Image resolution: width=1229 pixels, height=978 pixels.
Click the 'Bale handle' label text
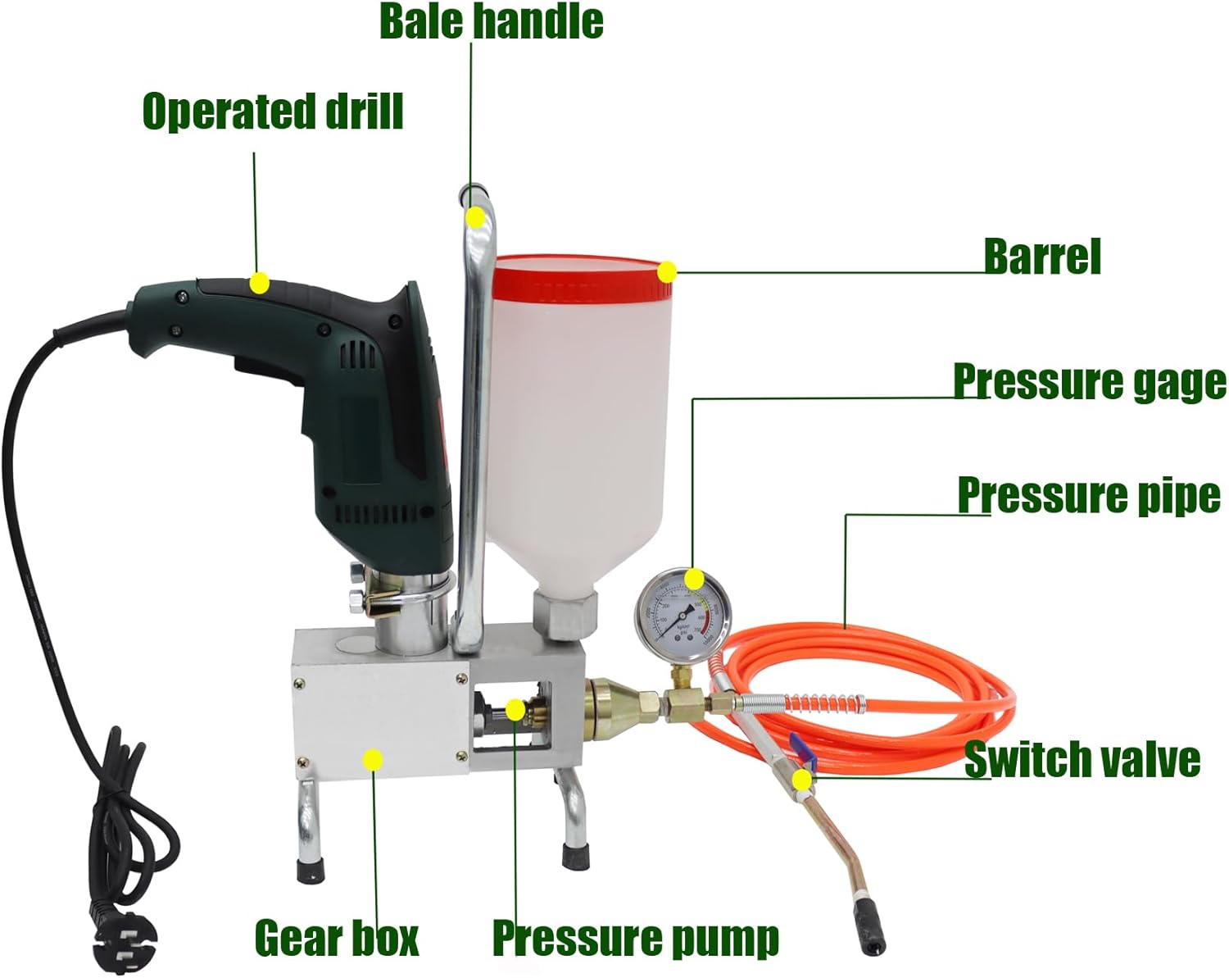[x=491, y=22]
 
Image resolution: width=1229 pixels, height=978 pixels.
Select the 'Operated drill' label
[x=273, y=111]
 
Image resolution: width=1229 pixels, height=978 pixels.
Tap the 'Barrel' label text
[x=1042, y=257]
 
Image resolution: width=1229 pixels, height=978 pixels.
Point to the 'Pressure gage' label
[x=1089, y=382]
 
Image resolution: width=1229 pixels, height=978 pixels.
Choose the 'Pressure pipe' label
[x=1089, y=495]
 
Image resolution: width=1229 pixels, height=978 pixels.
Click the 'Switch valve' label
[x=1082, y=759]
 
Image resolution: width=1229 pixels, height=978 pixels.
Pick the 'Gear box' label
[x=336, y=937]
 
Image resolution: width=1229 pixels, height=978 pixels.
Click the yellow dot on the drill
[x=260, y=284]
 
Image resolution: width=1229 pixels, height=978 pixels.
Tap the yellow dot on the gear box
[x=373, y=760]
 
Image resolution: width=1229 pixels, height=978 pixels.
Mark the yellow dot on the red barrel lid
[x=667, y=271]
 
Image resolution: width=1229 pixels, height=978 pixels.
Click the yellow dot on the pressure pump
[x=515, y=710]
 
